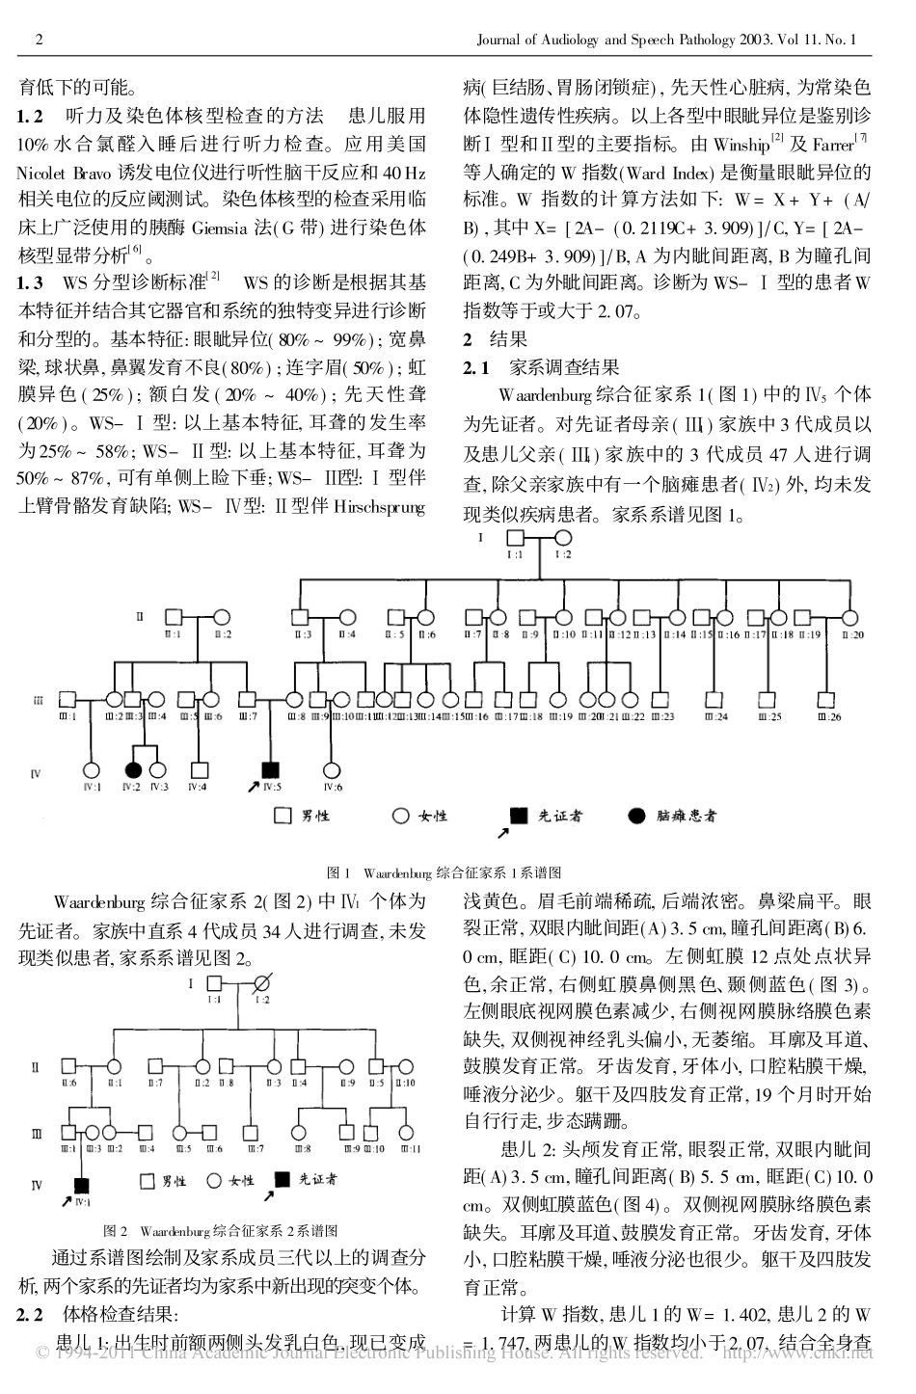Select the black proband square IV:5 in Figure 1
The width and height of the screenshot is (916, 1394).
point(272,769)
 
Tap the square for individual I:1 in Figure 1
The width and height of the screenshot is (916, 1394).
point(515,538)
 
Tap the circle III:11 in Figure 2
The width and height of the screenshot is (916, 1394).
point(410,1130)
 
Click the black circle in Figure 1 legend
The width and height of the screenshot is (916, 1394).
point(635,816)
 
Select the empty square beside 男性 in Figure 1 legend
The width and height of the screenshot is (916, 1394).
point(283,816)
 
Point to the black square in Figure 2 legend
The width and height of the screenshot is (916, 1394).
point(283,1179)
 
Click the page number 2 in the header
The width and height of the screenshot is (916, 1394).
point(39,40)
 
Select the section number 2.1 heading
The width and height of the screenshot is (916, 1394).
point(476,367)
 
